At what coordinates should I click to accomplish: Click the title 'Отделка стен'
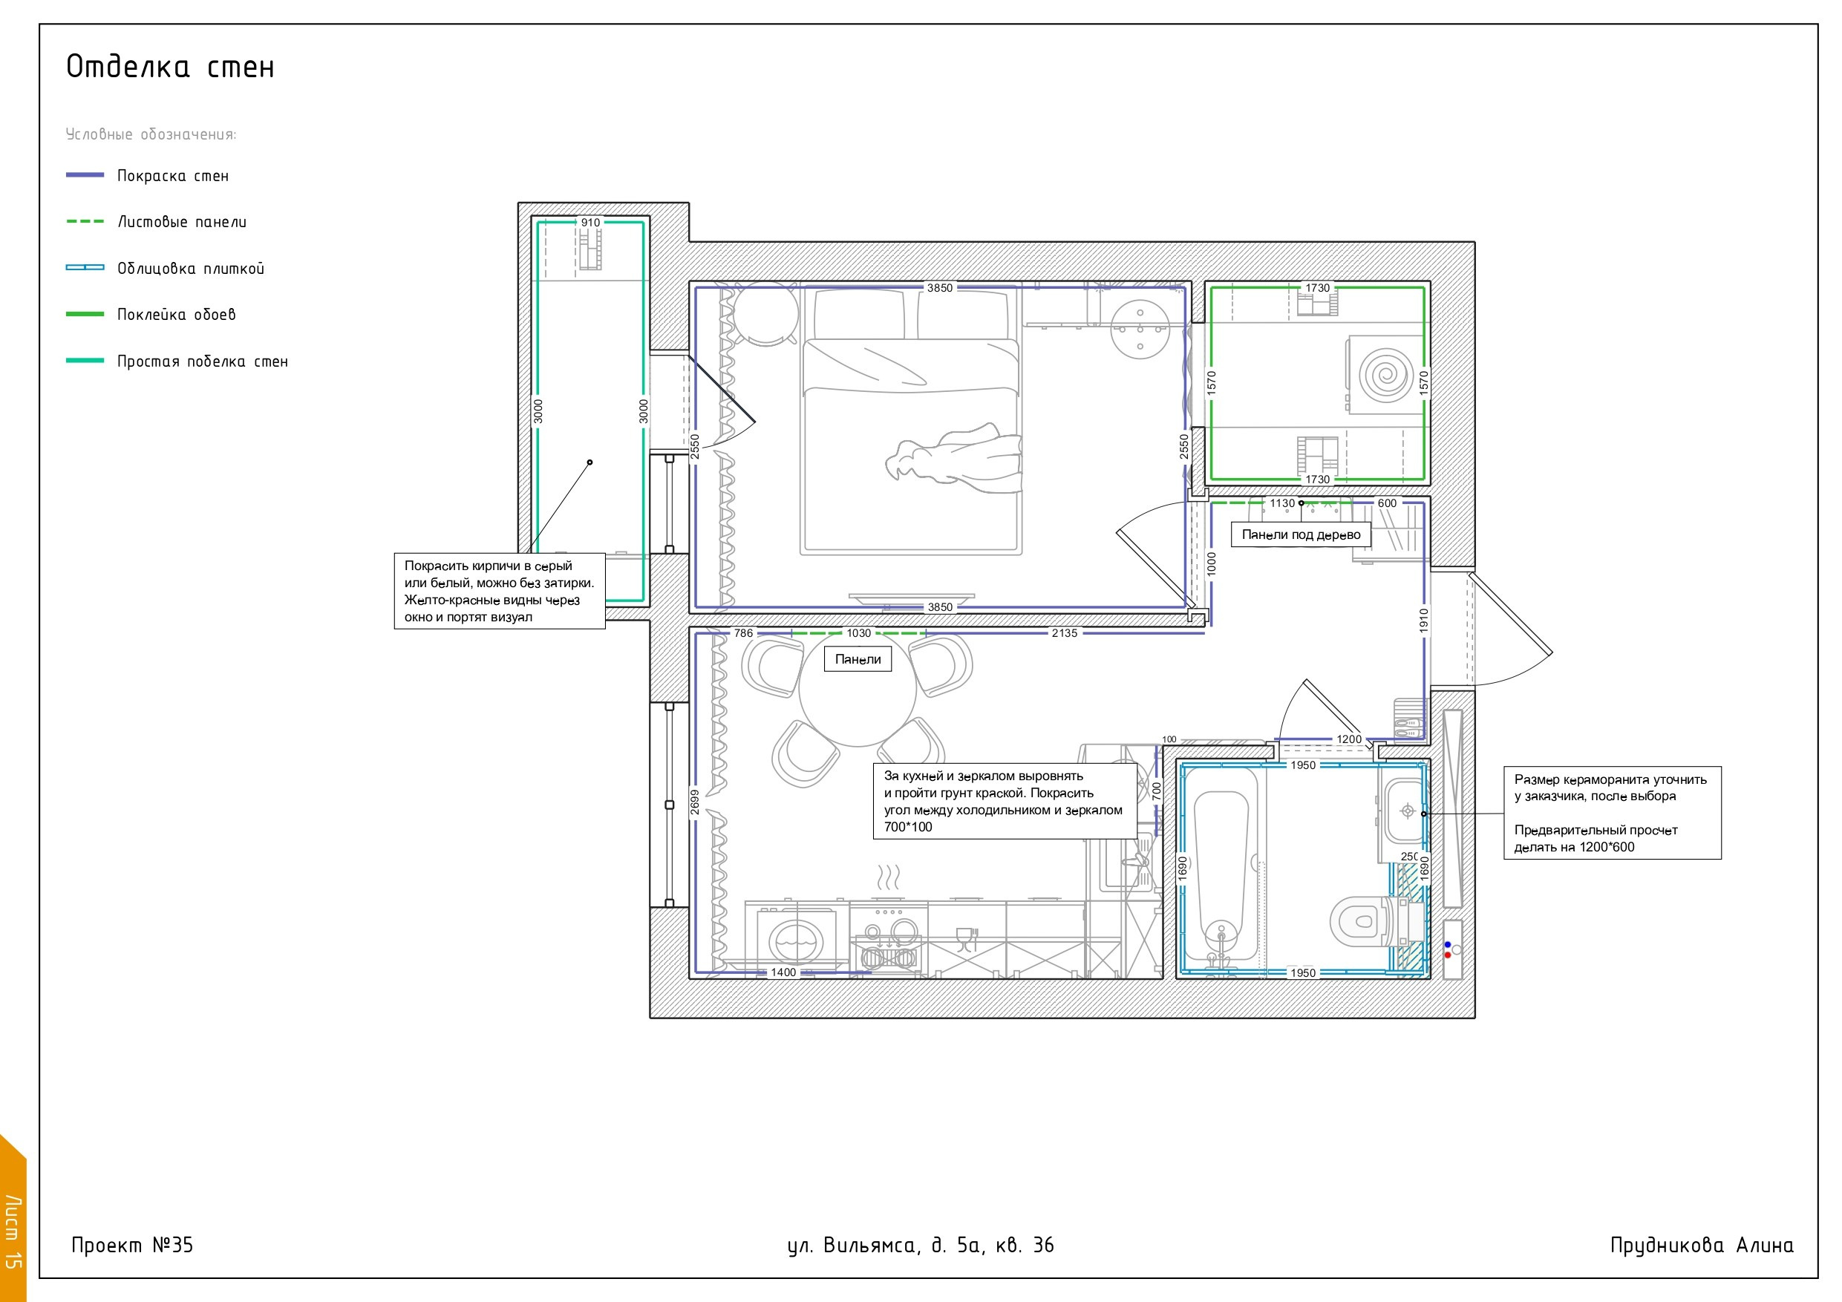pyautogui.click(x=170, y=68)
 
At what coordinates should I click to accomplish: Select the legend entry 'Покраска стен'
pyautogui.click(x=172, y=176)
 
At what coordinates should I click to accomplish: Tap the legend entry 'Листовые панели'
pyautogui.click(x=182, y=222)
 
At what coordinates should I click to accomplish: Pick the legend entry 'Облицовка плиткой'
pyautogui.click(x=191, y=269)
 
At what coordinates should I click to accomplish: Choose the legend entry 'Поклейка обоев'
pyautogui.click(x=177, y=315)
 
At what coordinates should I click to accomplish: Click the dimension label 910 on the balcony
pyautogui.click(x=590, y=222)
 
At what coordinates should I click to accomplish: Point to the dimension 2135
pyautogui.click(x=1065, y=633)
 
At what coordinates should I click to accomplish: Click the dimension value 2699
pyautogui.click(x=695, y=802)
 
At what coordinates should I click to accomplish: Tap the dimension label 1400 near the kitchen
pyautogui.click(x=784, y=972)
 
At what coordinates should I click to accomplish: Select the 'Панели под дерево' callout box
pyautogui.click(x=1302, y=535)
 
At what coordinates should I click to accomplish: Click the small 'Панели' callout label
pyautogui.click(x=858, y=659)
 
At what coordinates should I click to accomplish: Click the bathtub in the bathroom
pyautogui.click(x=1221, y=872)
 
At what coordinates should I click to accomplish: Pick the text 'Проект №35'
pyautogui.click(x=132, y=1245)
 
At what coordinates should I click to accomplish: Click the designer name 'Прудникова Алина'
pyautogui.click(x=1702, y=1245)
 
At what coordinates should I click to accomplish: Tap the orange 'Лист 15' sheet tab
pyautogui.click(x=13, y=1220)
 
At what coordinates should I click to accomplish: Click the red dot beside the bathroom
pyautogui.click(x=1447, y=955)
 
